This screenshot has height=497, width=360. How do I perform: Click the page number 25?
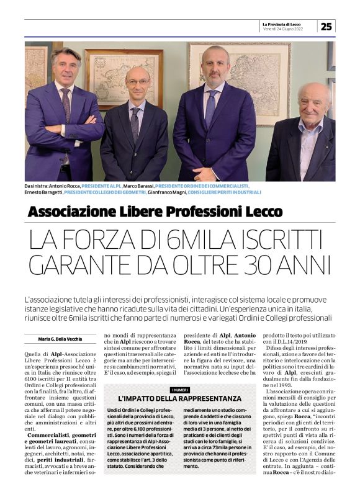(x=326, y=26)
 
